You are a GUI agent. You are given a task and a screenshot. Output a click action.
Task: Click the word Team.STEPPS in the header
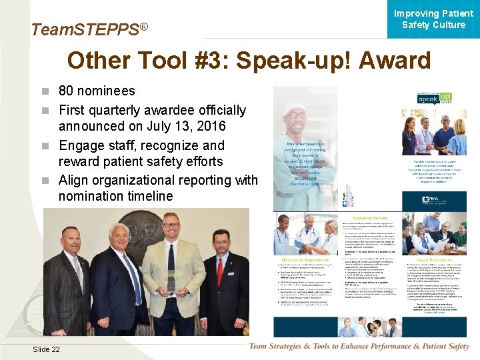pos(77,29)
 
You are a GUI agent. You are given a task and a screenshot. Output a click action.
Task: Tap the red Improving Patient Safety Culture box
pos(433,20)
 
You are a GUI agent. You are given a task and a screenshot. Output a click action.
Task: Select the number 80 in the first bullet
pos(67,91)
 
